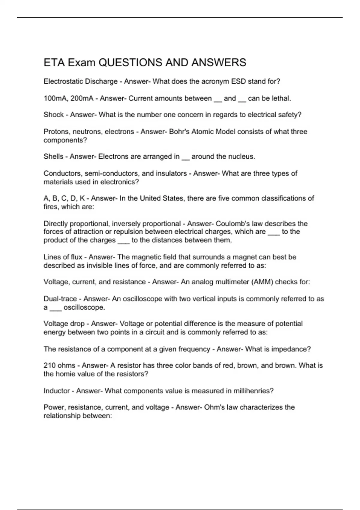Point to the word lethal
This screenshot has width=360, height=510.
point(281,98)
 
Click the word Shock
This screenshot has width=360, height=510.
point(53,115)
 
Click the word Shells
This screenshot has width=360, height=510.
point(53,156)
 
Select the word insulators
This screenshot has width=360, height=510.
point(171,173)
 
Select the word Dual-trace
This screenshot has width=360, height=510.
point(60,299)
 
